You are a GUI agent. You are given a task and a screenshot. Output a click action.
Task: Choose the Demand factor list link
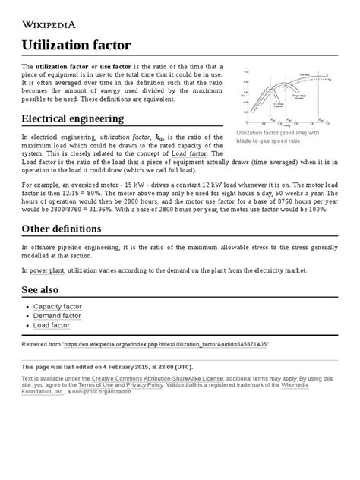pyautogui.click(x=58, y=315)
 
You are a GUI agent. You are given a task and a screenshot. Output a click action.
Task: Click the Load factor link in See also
pyautogui.click(x=52, y=325)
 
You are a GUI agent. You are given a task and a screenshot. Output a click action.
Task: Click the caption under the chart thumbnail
pyautogui.click(x=279, y=137)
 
